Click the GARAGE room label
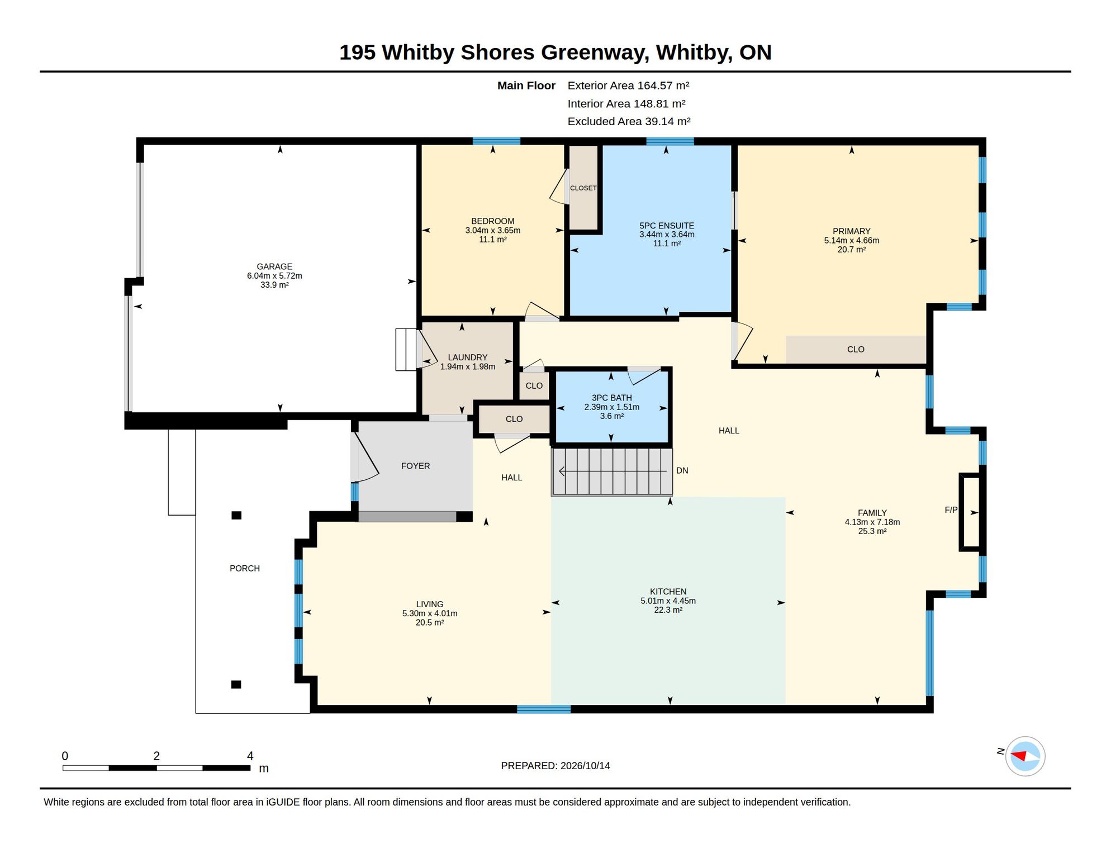(274, 266)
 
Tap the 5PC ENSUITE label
(667, 226)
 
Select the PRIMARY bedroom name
(851, 231)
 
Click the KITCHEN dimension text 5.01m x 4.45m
(668, 601)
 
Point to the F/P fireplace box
(970, 512)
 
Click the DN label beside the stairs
(682, 471)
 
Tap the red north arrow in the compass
(1019, 756)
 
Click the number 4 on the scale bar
(250, 756)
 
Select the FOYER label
(415, 466)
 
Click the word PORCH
(245, 568)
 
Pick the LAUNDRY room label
(468, 357)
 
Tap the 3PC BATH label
(612, 398)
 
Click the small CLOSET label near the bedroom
(583, 188)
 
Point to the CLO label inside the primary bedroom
(856, 350)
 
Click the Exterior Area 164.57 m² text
(628, 85)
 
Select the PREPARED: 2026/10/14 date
(555, 766)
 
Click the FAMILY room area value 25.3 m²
(872, 531)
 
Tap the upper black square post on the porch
(236, 515)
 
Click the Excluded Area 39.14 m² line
(629, 121)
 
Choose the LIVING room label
(430, 604)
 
